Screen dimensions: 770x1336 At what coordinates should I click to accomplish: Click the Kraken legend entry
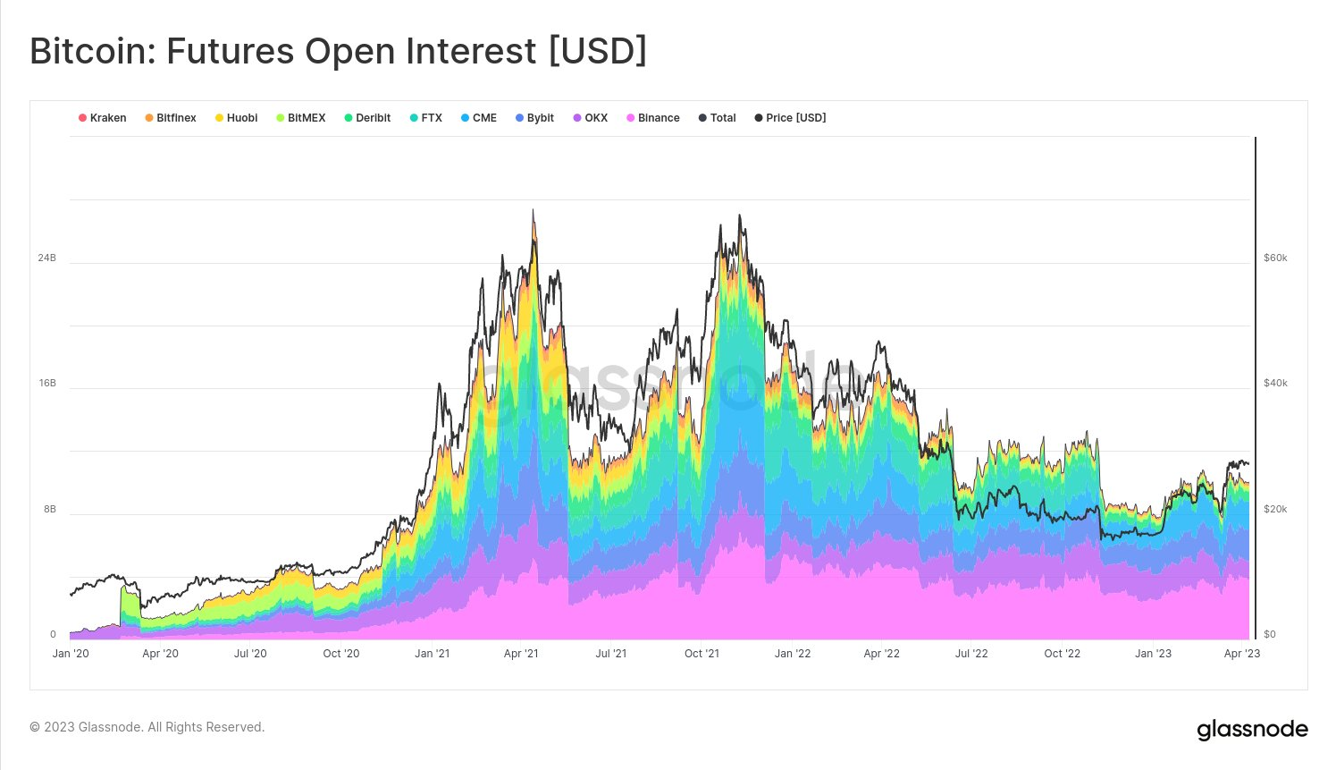pos(103,118)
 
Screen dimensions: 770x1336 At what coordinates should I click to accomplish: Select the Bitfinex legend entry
pos(171,118)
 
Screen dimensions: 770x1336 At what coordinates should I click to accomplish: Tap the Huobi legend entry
pos(237,118)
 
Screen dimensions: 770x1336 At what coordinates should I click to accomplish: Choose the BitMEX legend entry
pos(301,118)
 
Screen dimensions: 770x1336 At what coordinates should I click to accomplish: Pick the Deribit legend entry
pos(367,118)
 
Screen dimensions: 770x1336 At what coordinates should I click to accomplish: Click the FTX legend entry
pos(426,118)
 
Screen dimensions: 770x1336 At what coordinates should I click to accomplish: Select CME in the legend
pos(479,118)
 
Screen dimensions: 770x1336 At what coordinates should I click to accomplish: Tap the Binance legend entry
pos(653,118)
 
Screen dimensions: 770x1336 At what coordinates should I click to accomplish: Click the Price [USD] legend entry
pos(791,118)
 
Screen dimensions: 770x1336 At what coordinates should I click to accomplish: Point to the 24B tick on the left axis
pos(46,258)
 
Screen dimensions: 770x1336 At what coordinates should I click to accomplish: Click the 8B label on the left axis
pos(49,509)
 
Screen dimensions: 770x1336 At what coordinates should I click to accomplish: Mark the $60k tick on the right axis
pos(1275,258)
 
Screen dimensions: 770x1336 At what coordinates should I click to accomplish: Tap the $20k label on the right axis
pos(1275,509)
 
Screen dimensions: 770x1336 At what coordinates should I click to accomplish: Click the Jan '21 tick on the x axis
pos(432,654)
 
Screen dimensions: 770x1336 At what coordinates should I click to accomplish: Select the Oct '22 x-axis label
pos(1063,654)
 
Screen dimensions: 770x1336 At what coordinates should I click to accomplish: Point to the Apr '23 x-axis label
pos(1242,654)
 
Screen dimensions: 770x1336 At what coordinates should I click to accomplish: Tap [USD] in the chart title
pos(597,51)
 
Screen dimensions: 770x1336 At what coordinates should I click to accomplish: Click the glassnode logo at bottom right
pos(1252,730)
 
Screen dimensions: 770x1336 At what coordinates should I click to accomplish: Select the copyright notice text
pos(147,727)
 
